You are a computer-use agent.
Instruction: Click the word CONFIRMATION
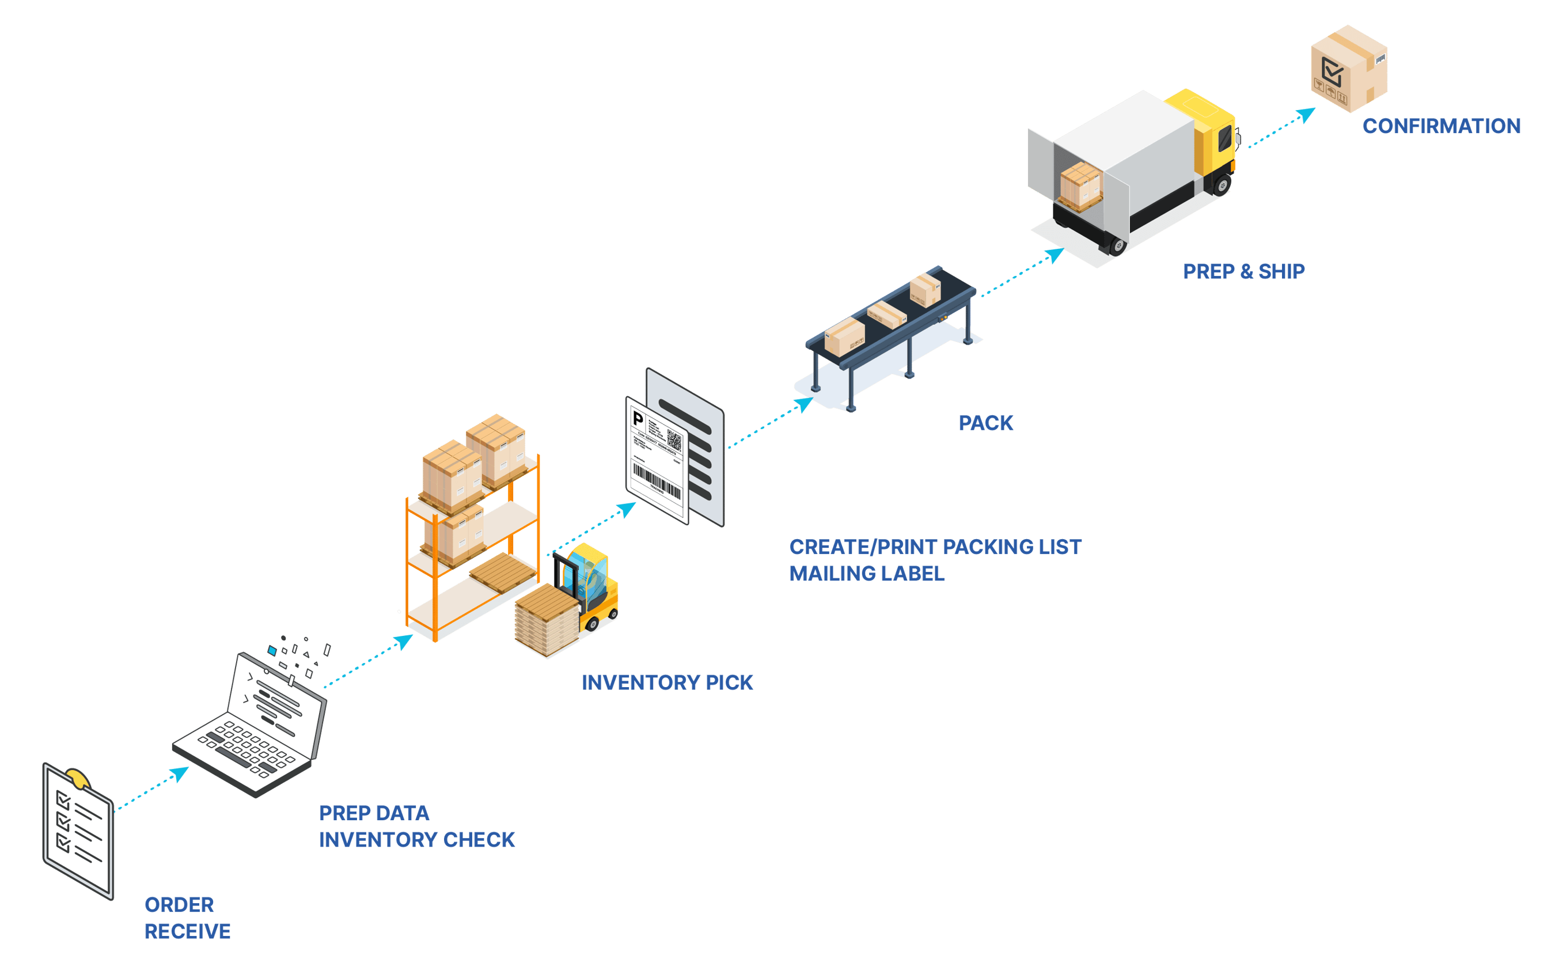(x=1441, y=126)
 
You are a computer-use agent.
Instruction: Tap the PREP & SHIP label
(x=1243, y=271)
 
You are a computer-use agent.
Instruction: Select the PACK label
(x=985, y=422)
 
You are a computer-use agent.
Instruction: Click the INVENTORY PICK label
(x=667, y=683)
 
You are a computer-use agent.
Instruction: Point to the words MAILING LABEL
(x=866, y=573)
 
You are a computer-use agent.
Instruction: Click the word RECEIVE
(x=187, y=931)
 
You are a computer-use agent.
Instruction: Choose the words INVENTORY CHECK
(x=416, y=840)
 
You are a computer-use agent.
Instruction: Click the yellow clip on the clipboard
(x=77, y=778)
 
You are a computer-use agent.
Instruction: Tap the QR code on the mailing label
(x=673, y=441)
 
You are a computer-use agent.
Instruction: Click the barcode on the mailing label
(x=656, y=481)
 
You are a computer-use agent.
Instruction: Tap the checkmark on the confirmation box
(x=1332, y=71)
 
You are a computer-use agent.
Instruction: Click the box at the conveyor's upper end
(x=926, y=290)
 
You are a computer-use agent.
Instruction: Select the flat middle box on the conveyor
(x=886, y=314)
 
